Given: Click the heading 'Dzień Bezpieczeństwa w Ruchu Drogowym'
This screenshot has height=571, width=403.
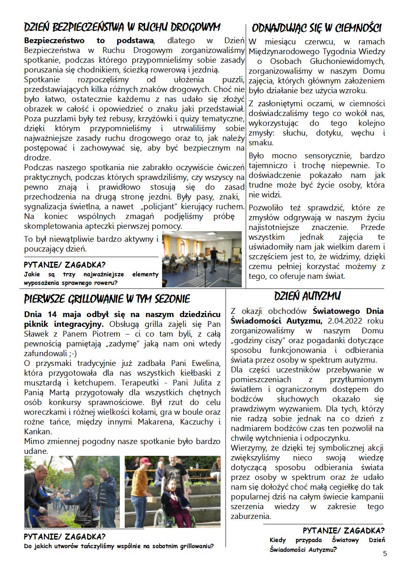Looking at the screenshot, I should pyautogui.click(x=122, y=27).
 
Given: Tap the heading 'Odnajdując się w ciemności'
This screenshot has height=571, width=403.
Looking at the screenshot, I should pyautogui.click(x=316, y=28).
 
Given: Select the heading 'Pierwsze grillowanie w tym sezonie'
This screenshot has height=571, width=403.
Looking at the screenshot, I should pyautogui.click(x=107, y=299).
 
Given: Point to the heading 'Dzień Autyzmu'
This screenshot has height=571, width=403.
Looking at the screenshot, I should pyautogui.click(x=307, y=295).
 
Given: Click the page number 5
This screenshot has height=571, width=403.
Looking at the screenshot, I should pyautogui.click(x=385, y=553).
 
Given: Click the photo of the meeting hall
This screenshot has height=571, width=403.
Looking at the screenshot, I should pyautogui.click(x=201, y=259).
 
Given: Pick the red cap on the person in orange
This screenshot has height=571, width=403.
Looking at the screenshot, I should pyautogui.click(x=145, y=461).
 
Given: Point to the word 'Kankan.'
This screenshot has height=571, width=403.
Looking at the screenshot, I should pyautogui.click(x=38, y=431).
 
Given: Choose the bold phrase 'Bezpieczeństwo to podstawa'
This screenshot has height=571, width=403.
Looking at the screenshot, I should pyautogui.click(x=89, y=40).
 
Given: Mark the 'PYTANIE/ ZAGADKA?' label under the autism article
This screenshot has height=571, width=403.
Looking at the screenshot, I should pyautogui.click(x=344, y=530).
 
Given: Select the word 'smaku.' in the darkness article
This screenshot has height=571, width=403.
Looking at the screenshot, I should pyautogui.click(x=261, y=143).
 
